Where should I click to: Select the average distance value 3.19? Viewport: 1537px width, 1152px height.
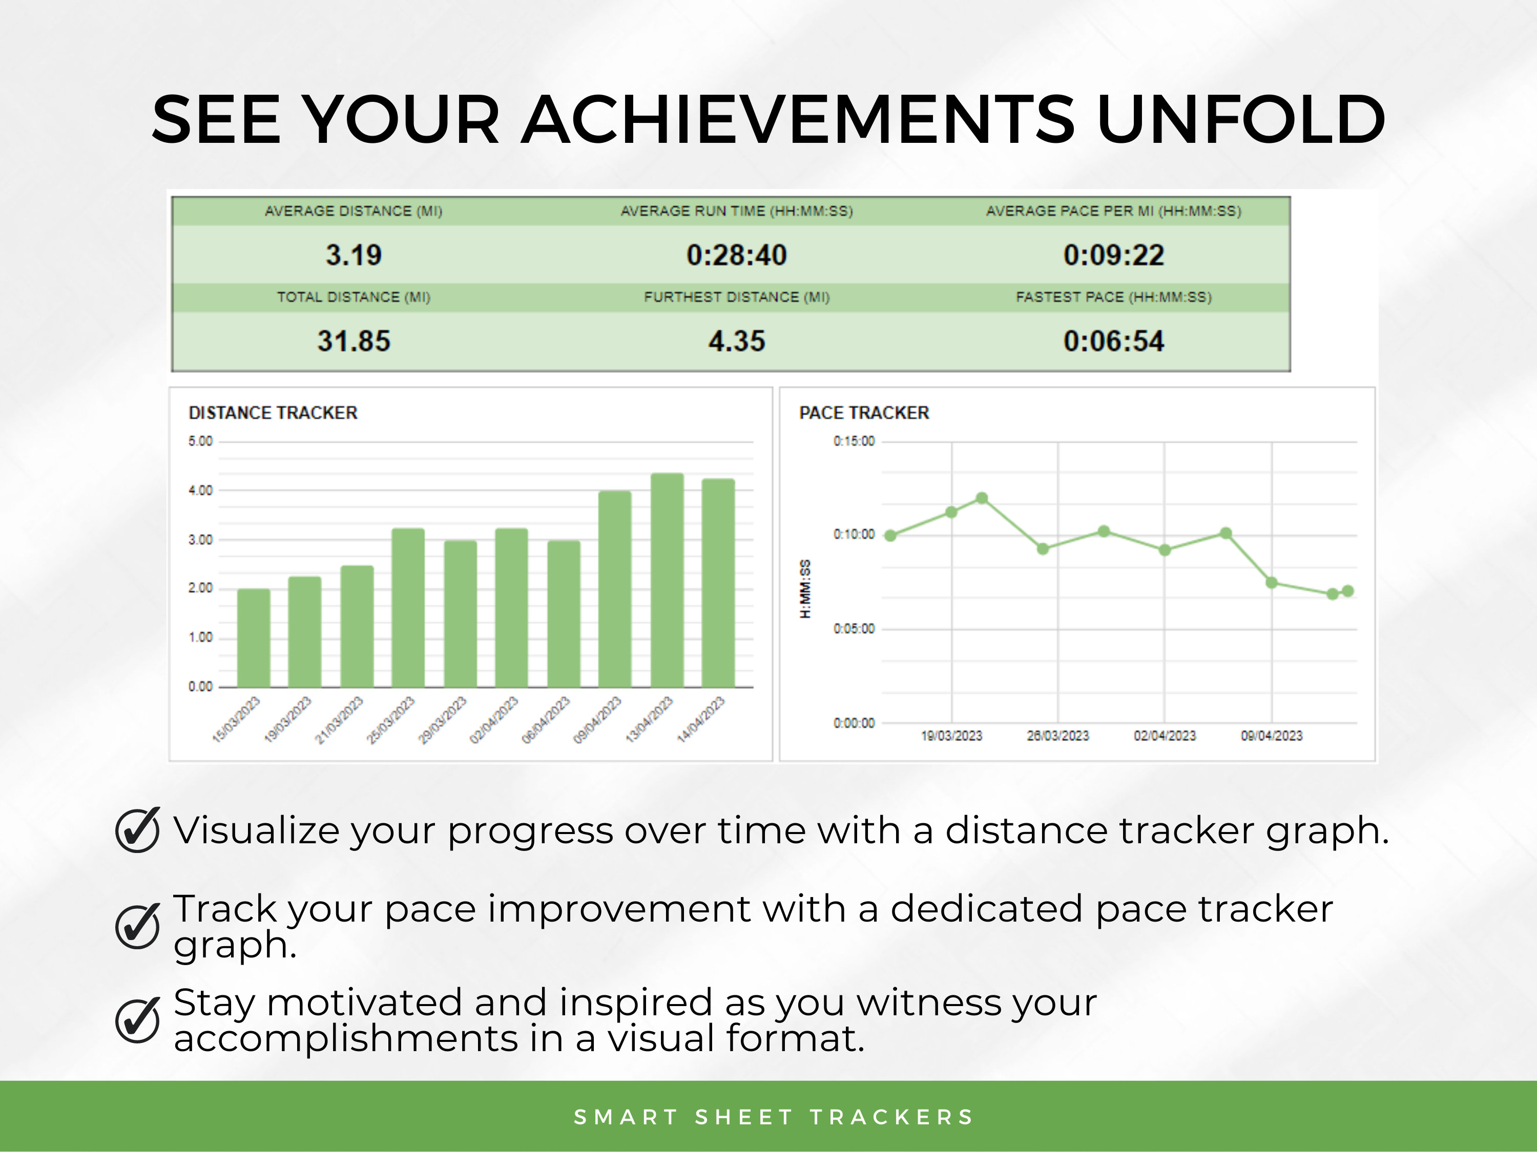tap(354, 255)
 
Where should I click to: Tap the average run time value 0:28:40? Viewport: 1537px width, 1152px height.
tap(737, 255)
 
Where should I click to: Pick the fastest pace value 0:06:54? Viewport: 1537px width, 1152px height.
tap(1113, 341)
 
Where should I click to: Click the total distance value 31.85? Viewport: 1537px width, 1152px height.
tap(354, 341)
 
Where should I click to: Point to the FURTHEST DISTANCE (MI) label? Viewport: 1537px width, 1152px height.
tap(737, 297)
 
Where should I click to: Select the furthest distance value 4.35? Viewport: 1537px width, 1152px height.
tap(737, 341)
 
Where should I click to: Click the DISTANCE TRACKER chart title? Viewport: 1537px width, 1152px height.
tap(273, 413)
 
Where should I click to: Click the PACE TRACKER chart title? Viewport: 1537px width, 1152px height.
tap(864, 413)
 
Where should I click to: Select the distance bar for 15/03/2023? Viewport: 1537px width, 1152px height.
tap(254, 639)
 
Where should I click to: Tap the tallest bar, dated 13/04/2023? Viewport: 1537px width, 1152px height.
tap(667, 580)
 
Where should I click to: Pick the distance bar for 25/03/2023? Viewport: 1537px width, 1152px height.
tap(408, 608)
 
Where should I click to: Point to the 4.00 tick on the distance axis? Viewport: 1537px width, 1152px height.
tap(200, 490)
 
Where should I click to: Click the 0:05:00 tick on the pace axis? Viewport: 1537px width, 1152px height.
tap(854, 628)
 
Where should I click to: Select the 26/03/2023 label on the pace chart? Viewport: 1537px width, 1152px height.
tap(1057, 735)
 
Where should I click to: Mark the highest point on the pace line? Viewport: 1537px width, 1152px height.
tap(982, 498)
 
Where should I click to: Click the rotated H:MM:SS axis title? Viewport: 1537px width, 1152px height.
tap(805, 588)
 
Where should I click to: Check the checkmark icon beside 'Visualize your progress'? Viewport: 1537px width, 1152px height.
tap(138, 830)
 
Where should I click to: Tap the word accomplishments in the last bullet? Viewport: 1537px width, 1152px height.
tap(345, 1039)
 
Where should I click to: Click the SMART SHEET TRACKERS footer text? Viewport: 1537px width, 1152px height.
tap(773, 1117)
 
